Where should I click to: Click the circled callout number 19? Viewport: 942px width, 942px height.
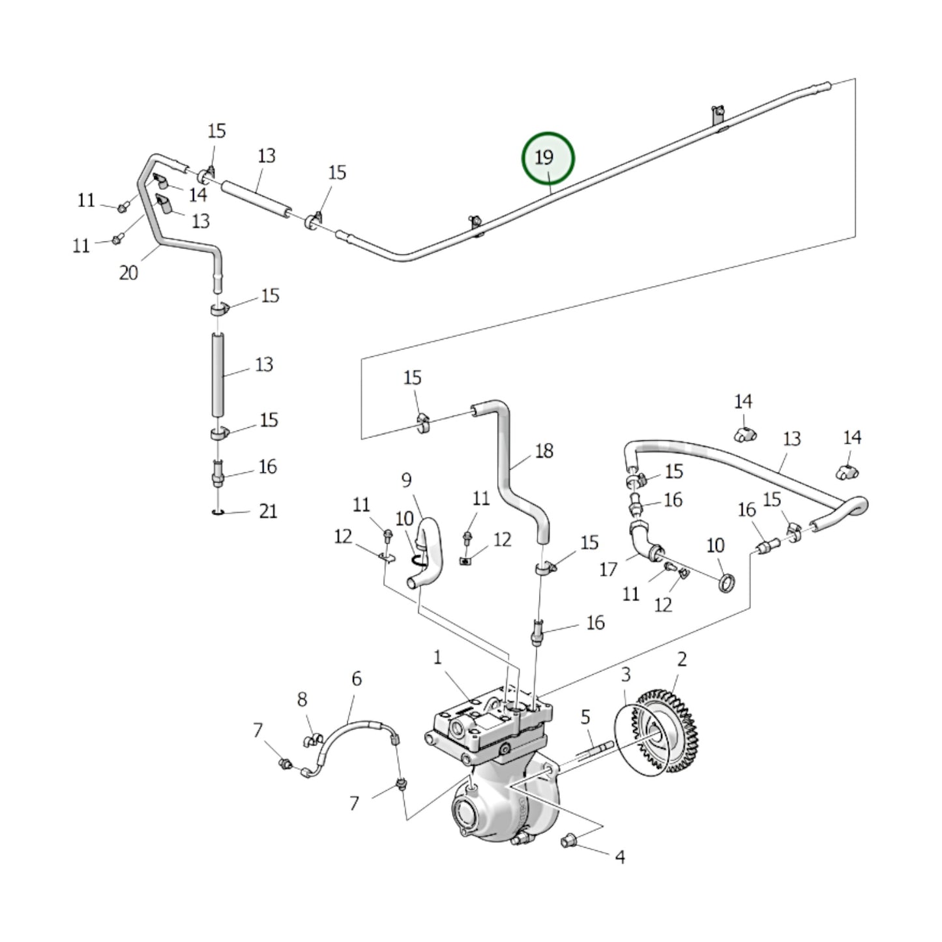(x=547, y=157)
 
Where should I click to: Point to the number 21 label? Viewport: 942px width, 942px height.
(x=268, y=511)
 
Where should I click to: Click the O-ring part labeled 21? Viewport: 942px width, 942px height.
(x=218, y=512)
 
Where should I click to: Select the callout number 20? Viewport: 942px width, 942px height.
(x=128, y=272)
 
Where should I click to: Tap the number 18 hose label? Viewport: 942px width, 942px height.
(x=544, y=450)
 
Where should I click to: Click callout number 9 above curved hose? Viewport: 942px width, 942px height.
(x=406, y=480)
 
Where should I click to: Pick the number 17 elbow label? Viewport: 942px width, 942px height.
(x=608, y=569)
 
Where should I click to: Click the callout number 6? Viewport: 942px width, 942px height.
(x=357, y=679)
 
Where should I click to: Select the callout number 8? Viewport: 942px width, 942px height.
(x=302, y=699)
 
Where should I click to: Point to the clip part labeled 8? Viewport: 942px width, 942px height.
(x=314, y=739)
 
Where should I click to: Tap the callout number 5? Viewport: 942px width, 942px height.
(x=585, y=717)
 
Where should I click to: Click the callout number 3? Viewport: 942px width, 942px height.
(x=625, y=673)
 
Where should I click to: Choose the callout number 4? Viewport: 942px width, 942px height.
(x=619, y=857)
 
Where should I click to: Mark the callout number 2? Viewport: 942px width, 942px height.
(x=681, y=659)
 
